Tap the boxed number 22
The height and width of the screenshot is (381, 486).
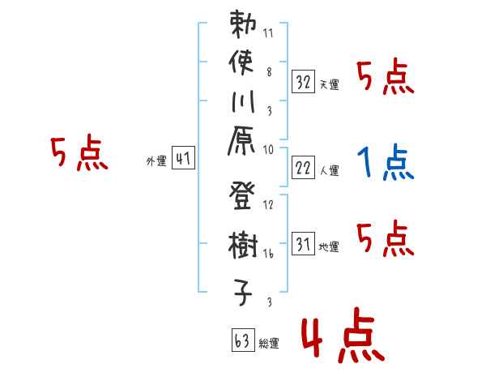click(x=303, y=169)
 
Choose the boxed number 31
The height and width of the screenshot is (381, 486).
click(x=303, y=244)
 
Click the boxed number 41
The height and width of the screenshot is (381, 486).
click(x=183, y=160)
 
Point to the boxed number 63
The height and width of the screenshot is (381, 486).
click(x=242, y=340)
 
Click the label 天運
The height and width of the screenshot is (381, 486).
click(x=329, y=84)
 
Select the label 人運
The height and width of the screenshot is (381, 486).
click(x=329, y=171)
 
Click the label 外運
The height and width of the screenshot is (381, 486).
click(x=156, y=162)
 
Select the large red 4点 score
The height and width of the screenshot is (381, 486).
click(x=340, y=336)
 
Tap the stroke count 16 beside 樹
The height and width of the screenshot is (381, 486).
click(x=268, y=253)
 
